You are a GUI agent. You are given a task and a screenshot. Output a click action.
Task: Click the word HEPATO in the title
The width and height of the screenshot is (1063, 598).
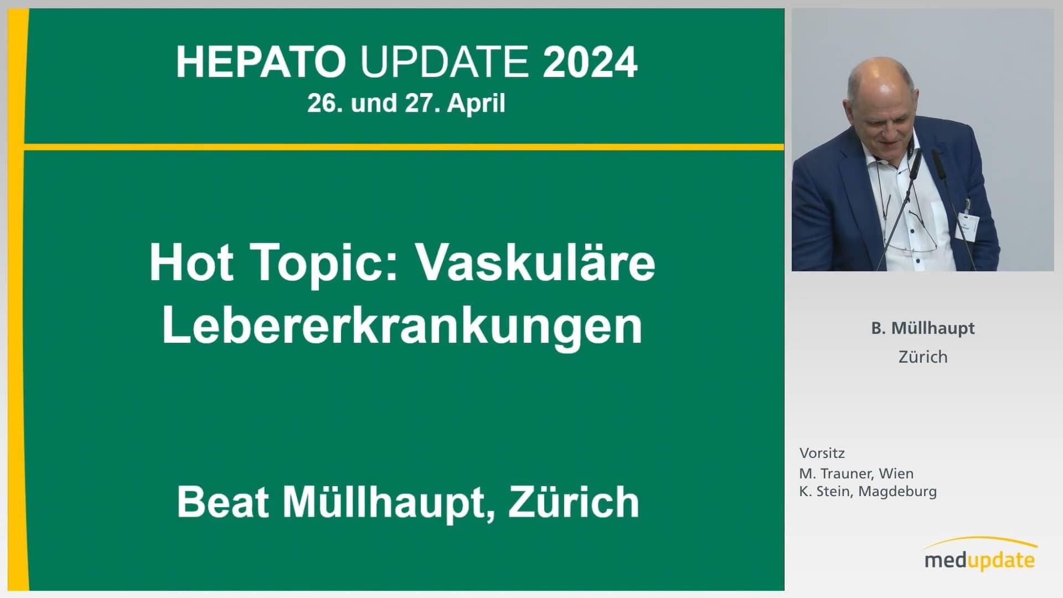coord(261,62)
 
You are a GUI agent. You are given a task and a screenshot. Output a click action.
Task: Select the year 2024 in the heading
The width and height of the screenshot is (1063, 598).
coord(590,62)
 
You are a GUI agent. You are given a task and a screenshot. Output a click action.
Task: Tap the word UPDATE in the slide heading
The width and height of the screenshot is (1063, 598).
coord(445,62)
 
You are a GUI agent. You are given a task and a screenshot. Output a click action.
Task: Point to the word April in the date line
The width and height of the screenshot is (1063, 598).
coord(476,104)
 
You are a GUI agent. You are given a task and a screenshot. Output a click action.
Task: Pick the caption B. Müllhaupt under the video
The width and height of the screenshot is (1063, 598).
coord(923,328)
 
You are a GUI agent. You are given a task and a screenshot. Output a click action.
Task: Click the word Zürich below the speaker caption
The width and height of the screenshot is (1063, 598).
coord(923,357)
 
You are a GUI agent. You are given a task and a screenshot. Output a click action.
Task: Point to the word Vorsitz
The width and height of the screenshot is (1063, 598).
coord(822,453)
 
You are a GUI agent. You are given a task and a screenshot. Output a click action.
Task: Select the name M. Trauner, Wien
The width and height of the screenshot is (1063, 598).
coord(856,473)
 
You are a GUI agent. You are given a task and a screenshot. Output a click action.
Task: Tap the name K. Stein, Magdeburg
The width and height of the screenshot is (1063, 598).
coord(868,492)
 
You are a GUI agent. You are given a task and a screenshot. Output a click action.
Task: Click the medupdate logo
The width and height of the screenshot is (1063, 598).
coord(981,554)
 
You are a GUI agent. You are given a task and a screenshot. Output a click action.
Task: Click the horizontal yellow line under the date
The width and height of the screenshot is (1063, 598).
coord(404,147)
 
